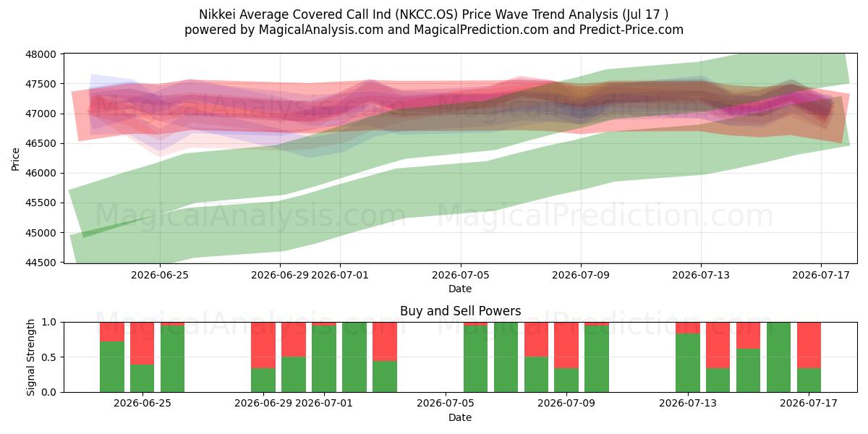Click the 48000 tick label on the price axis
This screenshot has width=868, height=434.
tap(41, 54)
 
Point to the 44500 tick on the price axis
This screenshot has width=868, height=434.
tap(41, 263)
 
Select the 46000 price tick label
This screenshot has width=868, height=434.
tap(41, 173)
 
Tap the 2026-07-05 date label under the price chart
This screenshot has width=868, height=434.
tap(460, 275)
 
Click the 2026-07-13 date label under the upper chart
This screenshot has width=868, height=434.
tap(701, 275)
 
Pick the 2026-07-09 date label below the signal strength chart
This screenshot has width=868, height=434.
tap(566, 404)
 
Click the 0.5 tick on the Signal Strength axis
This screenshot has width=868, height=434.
tap(49, 357)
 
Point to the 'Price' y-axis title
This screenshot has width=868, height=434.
tap(15, 159)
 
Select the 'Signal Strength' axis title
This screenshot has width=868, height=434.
tap(30, 357)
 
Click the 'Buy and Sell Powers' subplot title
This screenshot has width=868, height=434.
tap(460, 311)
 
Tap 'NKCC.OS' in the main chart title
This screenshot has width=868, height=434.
tap(427, 14)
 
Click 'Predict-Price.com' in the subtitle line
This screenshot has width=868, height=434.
tap(631, 30)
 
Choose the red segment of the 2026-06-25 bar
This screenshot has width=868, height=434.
tap(142, 344)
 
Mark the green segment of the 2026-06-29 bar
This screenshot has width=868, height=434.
tap(263, 380)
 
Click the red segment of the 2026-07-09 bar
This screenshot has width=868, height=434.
tap(566, 345)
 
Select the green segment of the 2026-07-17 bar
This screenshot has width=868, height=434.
tap(809, 380)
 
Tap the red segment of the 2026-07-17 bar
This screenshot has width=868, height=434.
tap(809, 345)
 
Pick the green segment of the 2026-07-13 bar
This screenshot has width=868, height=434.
tap(688, 362)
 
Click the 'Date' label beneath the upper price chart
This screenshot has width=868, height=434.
tap(460, 289)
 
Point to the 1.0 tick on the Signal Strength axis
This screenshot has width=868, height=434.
tap(49, 323)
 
